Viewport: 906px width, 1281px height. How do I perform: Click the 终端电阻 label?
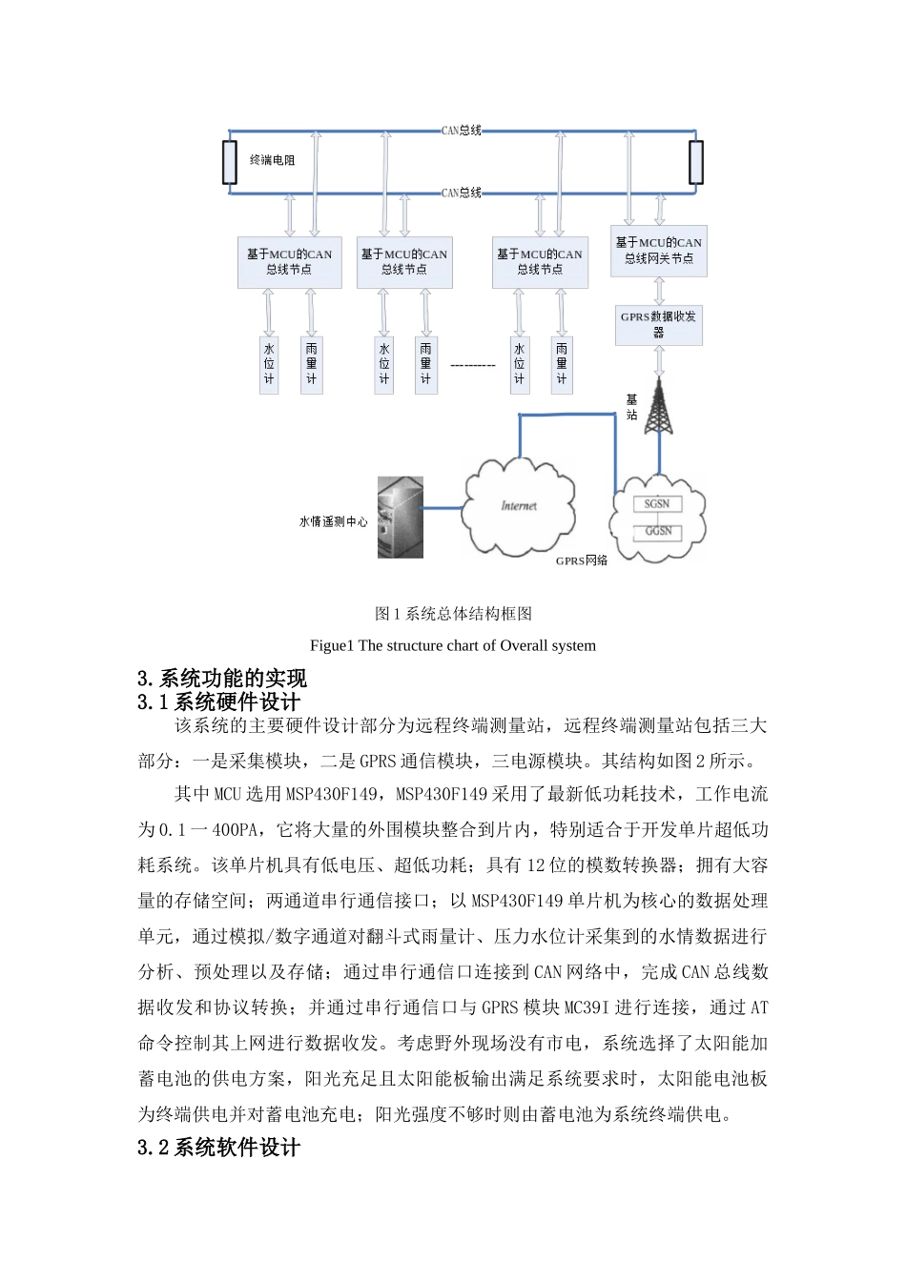[272, 160]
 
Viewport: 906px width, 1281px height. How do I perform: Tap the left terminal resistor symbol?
[230, 162]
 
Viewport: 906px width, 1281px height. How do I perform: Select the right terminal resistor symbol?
[696, 162]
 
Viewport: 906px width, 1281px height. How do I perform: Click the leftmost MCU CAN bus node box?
[289, 262]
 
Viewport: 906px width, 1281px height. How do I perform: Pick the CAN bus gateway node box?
[658, 251]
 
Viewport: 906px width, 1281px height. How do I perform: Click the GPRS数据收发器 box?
[658, 324]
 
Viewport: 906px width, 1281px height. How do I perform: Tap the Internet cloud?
[519, 506]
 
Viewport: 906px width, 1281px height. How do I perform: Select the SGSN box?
[657, 504]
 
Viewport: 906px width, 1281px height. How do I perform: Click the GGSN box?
[658, 531]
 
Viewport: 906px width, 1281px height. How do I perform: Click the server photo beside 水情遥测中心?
[401, 518]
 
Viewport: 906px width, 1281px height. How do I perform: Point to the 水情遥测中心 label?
[333, 522]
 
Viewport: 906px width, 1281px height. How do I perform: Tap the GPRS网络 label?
[582, 560]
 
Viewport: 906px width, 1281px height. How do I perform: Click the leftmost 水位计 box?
[269, 364]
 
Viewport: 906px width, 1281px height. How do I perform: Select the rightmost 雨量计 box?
[562, 364]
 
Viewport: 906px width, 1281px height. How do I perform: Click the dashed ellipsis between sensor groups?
[473, 365]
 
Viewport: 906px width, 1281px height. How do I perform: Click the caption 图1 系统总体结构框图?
[453, 614]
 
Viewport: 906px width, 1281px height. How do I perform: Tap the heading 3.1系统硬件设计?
[218, 702]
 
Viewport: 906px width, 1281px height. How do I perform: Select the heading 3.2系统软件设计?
[218, 1148]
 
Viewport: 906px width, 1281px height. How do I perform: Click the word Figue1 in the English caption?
[331, 645]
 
